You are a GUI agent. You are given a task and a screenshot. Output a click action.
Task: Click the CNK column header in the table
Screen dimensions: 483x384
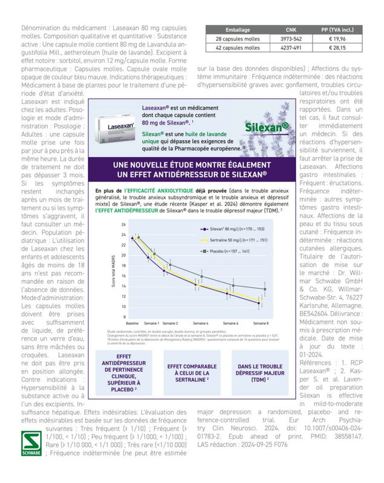pos(291,29)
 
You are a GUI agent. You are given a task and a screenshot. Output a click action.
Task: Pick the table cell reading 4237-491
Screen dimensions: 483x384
pos(291,47)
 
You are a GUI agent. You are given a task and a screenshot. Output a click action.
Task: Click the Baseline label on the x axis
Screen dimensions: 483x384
pos(132,323)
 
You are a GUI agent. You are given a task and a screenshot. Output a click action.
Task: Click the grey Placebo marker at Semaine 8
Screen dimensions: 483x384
pos(264,289)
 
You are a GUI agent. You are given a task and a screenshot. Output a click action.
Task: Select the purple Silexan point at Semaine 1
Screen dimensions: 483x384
pos(149,258)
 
